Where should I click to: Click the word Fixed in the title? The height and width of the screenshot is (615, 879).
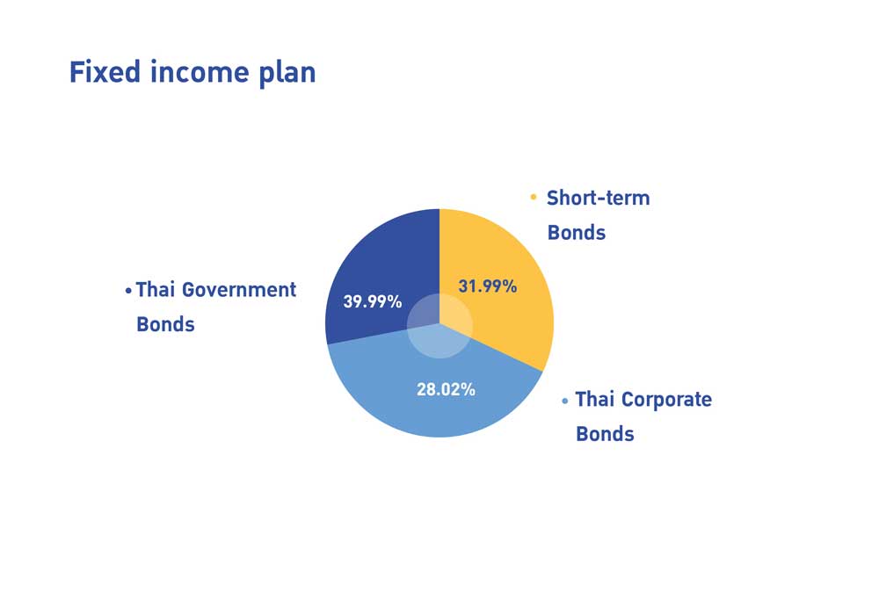tap(105, 72)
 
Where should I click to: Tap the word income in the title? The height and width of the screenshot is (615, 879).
tap(199, 73)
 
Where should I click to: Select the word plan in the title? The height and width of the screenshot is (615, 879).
tap(287, 75)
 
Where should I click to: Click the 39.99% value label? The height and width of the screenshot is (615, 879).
tap(373, 301)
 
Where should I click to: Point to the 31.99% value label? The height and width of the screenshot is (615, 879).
tap(488, 286)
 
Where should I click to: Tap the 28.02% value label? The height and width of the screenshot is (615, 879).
tap(447, 389)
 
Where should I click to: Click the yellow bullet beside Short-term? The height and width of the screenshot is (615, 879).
tap(534, 197)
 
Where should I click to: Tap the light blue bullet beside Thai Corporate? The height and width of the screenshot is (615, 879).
tap(564, 401)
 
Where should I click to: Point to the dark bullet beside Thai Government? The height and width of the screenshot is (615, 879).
tap(128, 291)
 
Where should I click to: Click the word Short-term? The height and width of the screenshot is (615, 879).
tap(598, 198)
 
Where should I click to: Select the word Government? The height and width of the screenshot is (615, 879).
tap(239, 290)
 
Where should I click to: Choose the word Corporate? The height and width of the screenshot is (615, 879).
tap(666, 400)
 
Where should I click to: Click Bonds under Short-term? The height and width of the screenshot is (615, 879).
tap(577, 233)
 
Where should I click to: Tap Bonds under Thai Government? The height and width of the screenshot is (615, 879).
tap(165, 324)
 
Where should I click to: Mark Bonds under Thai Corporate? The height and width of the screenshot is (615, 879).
tap(605, 434)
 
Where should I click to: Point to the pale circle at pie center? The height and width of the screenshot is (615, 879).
tap(440, 325)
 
